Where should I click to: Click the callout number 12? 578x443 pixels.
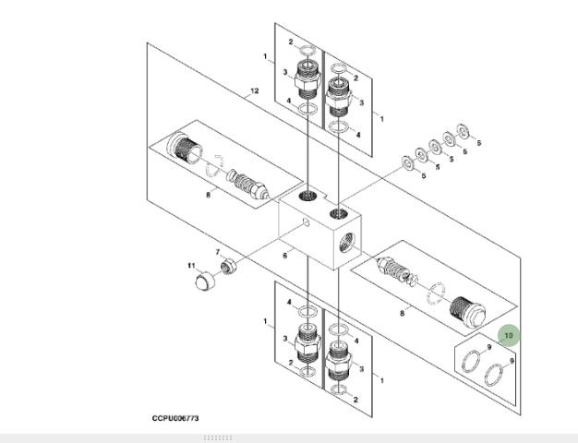coord(253,90)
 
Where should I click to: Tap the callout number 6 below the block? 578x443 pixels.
coord(285,255)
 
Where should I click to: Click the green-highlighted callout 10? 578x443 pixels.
coord(509,335)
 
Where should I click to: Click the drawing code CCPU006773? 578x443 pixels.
coord(175,418)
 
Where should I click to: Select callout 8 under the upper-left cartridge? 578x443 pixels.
coord(210,193)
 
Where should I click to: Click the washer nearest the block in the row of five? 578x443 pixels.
coord(406,163)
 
